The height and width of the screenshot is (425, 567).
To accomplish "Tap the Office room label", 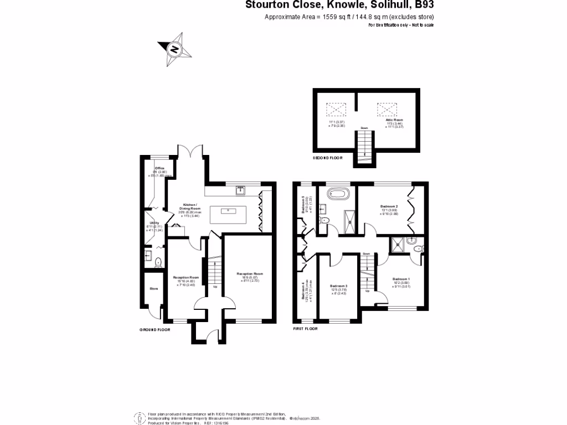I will coord(159,168).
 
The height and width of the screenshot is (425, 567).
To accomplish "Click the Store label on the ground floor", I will coord(153,288).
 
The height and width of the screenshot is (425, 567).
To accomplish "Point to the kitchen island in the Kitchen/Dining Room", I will coord(228,211).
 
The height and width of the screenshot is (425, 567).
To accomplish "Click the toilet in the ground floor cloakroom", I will coord(158,262).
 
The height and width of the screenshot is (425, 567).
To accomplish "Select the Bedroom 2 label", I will coord(389,206).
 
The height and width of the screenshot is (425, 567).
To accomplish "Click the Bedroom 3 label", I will coord(338,286).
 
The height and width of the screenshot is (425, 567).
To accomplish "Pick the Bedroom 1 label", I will coord(401,279).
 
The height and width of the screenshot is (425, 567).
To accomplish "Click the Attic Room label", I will coord(394,120).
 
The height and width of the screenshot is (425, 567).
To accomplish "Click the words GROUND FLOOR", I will coord(154,329).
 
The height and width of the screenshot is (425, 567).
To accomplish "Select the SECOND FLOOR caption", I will coord(328,158).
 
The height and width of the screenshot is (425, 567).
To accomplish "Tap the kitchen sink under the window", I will coord(241,191).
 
